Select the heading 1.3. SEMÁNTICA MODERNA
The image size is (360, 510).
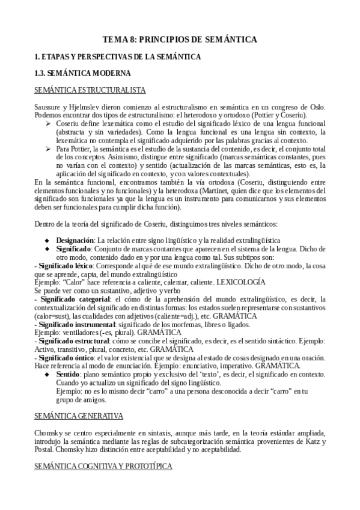coord(82,73)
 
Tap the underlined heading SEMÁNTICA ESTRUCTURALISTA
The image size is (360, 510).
coord(90,90)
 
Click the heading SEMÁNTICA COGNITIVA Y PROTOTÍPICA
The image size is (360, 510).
coord(103,466)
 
